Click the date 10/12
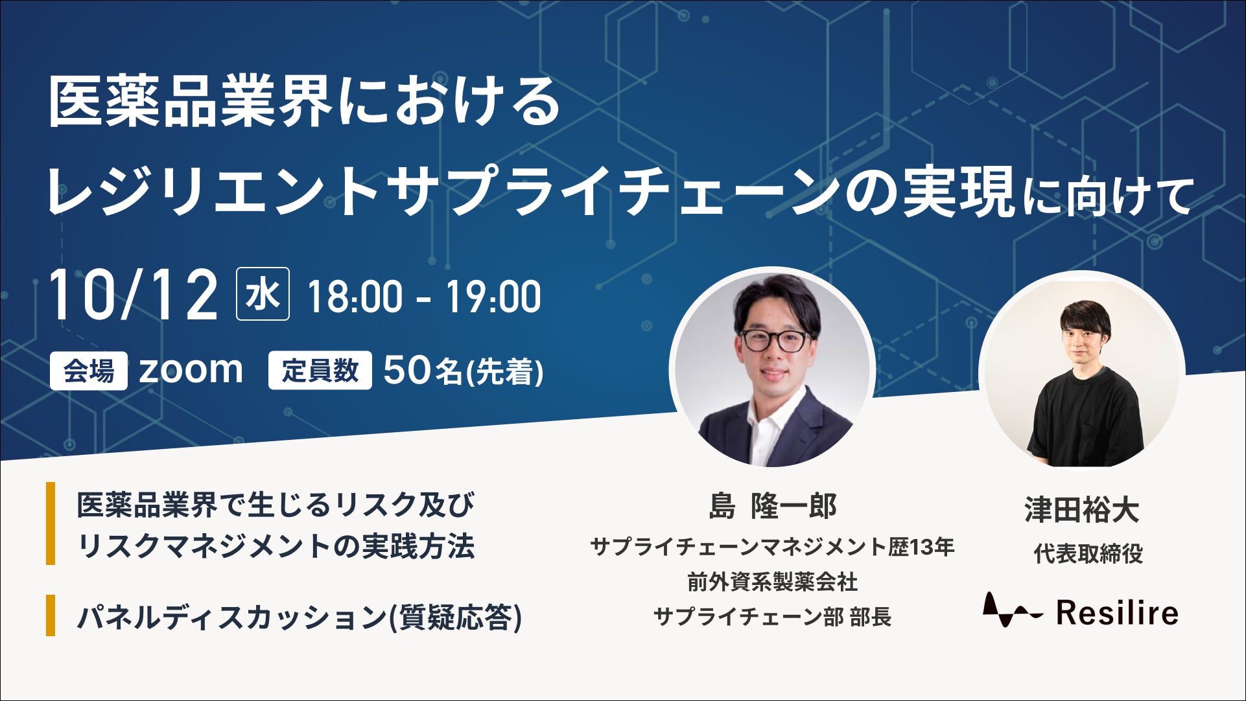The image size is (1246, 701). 134,295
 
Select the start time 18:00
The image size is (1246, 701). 355,297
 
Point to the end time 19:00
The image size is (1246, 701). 493,297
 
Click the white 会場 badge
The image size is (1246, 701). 89,371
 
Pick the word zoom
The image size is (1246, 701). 191,370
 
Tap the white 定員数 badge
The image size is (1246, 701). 320,371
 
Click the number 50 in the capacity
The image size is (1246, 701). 406,371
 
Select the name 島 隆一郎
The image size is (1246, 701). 773,506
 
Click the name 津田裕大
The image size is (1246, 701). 1082,510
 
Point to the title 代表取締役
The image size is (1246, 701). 1088,554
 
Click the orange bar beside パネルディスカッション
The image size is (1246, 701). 51,615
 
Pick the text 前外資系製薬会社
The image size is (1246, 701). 773,582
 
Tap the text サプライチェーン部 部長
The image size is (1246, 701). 773,616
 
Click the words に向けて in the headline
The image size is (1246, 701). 1108,196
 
